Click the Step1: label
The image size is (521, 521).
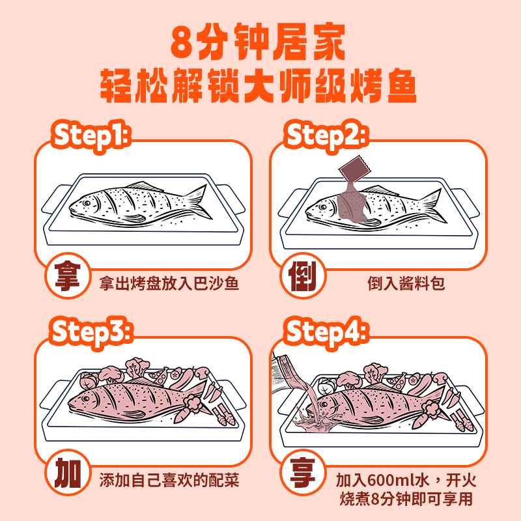[91, 136]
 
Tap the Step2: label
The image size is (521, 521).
[326, 136]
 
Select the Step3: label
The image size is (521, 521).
[91, 332]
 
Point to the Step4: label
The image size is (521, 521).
[326, 332]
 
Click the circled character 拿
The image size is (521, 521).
[68, 275]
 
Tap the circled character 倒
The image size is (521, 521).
[303, 275]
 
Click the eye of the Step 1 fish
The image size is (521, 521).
[87, 203]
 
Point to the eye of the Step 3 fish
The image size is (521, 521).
[86, 399]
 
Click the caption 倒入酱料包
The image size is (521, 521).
[406, 283]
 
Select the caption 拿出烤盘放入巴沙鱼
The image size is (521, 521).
[169, 283]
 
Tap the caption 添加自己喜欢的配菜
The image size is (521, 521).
[169, 480]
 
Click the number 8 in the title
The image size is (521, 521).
[182, 42]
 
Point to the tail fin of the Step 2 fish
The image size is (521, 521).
[434, 205]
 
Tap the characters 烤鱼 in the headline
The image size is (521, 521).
[383, 86]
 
